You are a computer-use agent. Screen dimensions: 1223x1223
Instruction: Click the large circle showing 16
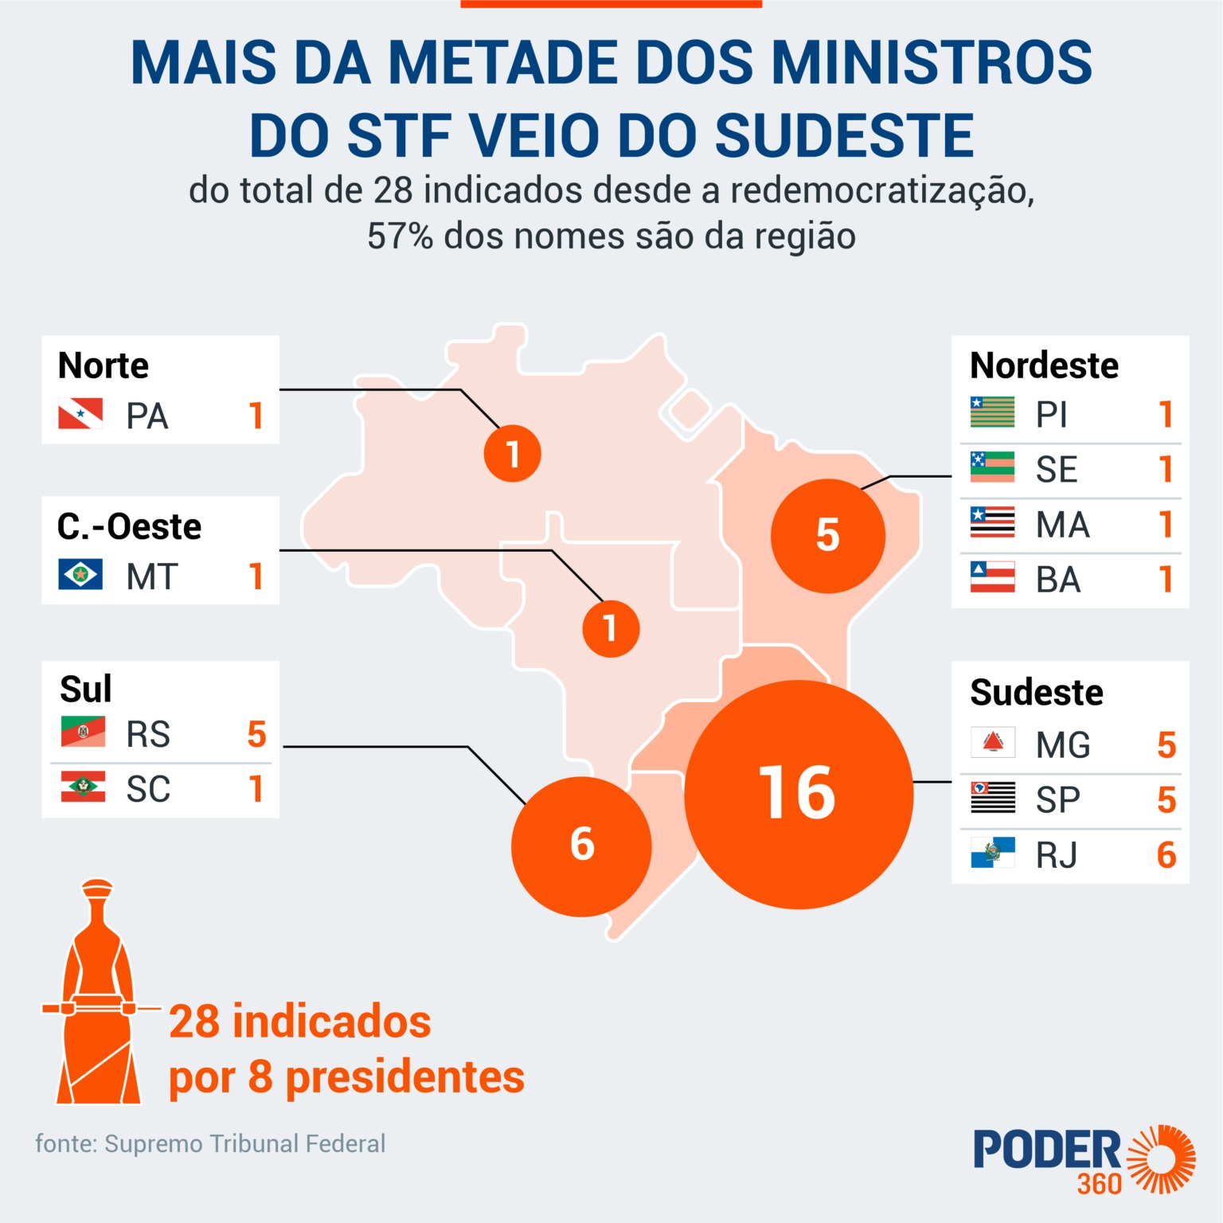click(799, 794)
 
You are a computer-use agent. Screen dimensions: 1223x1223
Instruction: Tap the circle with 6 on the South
click(581, 846)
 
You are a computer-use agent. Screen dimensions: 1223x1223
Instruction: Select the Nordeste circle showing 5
click(827, 535)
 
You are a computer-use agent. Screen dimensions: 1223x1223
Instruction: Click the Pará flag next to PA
click(80, 414)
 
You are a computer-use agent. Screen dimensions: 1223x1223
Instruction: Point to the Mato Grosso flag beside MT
click(80, 574)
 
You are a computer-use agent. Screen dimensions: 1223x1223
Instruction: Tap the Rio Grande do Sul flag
click(83, 732)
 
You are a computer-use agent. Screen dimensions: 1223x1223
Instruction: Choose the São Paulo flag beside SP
click(992, 798)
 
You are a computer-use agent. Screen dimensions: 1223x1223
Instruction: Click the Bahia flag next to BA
click(992, 577)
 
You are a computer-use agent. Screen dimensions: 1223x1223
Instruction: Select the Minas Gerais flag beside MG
click(992, 743)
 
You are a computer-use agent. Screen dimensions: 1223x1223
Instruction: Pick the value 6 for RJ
click(1166, 855)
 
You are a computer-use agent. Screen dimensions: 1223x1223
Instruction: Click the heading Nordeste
click(1044, 365)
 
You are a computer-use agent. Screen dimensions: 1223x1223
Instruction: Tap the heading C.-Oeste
click(129, 526)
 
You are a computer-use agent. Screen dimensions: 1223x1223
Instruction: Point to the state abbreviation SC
click(148, 789)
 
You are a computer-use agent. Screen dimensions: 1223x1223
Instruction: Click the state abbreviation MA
click(1062, 525)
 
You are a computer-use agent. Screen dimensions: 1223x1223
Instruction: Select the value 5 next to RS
click(256, 734)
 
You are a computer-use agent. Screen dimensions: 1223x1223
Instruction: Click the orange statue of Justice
click(98, 995)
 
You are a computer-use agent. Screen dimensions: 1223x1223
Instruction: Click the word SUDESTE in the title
click(844, 135)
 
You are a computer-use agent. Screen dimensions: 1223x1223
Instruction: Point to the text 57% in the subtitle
click(400, 236)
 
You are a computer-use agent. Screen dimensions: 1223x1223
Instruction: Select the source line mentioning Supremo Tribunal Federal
click(210, 1143)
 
